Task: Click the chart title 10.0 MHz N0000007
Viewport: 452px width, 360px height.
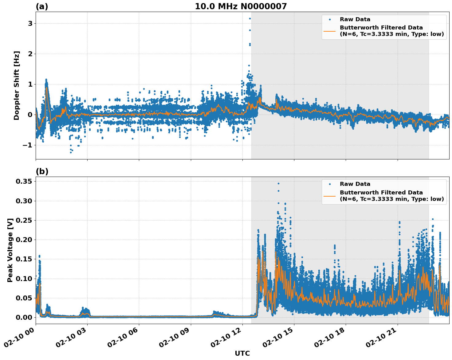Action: click(241, 6)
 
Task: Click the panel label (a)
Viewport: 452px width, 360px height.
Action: click(42, 6)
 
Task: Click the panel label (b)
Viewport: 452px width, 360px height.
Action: click(42, 171)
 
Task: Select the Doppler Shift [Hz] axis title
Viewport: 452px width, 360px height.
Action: click(17, 85)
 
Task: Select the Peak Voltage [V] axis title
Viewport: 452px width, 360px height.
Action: click(10, 250)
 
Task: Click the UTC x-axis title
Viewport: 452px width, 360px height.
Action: click(242, 353)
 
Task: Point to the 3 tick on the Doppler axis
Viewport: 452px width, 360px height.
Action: click(30, 24)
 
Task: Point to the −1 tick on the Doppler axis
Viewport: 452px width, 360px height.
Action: click(28, 145)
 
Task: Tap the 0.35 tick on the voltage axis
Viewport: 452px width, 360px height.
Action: click(24, 182)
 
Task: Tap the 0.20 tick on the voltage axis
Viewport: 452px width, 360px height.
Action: click(24, 240)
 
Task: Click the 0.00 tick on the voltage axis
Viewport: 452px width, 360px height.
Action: click(24, 317)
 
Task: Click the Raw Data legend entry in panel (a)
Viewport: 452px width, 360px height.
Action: click(355, 19)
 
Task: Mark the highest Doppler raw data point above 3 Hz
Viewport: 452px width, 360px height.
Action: click(250, 18)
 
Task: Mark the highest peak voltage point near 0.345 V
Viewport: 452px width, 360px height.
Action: click(278, 183)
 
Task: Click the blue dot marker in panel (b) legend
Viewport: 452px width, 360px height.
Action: click(330, 184)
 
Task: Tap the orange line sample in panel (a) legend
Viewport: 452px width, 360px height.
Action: click(330, 31)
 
